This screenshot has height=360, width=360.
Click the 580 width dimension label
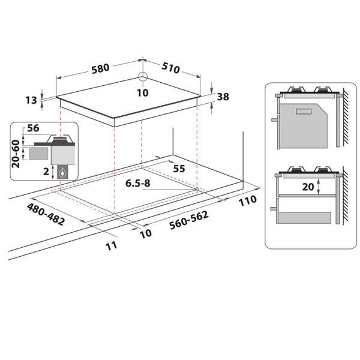click(x=100, y=68)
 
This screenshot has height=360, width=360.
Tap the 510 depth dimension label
click(x=170, y=68)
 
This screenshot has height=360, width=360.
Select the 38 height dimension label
click(x=223, y=97)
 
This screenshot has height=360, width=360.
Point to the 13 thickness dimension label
click(x=31, y=100)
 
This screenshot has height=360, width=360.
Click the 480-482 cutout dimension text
click(x=46, y=214)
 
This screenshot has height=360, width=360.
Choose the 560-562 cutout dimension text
click(x=189, y=220)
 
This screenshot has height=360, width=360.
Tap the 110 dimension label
click(x=247, y=200)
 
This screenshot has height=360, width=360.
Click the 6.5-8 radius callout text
click(x=138, y=183)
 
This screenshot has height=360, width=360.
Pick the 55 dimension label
click(x=179, y=169)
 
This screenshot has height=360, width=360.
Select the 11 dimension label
click(x=112, y=246)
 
